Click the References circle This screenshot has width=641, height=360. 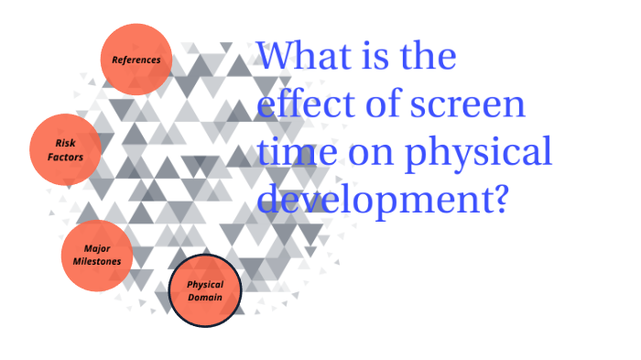point(136,60)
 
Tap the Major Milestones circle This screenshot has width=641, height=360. point(96,255)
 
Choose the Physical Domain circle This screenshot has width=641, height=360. point(205,291)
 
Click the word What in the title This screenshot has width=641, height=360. point(299,57)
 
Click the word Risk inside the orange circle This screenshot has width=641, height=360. point(65,144)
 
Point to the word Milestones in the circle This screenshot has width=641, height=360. point(97,261)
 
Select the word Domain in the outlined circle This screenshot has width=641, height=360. point(205,298)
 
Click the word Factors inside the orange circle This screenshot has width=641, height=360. point(65,158)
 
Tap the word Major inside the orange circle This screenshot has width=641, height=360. point(97,248)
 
